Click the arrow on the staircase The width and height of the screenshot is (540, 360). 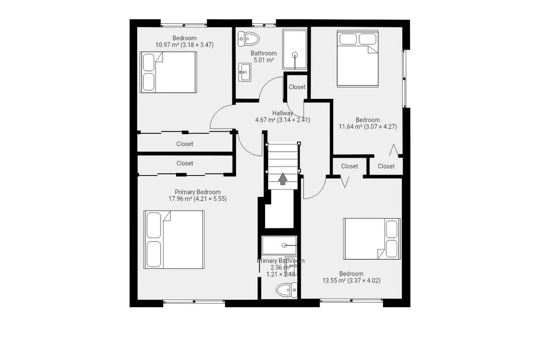tap(283, 179)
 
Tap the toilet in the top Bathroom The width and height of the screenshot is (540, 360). tap(248, 39)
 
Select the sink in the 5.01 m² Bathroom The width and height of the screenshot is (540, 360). tap(245, 72)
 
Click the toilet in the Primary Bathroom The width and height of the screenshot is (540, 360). tap(287, 290)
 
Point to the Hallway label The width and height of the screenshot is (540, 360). tap(282, 113)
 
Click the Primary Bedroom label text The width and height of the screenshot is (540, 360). tap(197, 192)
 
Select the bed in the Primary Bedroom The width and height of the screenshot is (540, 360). tap(174, 239)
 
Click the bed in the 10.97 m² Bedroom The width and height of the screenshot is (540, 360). tap(168, 72)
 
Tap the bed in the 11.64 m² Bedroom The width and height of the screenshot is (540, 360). tap(357, 59)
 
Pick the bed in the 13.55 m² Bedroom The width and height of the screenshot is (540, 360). tap(372, 239)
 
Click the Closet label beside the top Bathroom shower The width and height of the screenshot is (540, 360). tap(297, 87)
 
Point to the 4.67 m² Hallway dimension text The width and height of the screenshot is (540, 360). tap(282, 120)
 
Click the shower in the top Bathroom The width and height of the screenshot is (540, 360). tap(295, 50)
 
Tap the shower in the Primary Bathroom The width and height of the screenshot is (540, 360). tap(279, 245)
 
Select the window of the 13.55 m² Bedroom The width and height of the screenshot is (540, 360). tap(351, 300)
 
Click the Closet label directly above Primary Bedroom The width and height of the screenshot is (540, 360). tap(185, 163)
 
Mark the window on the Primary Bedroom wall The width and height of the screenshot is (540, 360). tap(194, 301)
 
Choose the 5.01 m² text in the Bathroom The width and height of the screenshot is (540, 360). tap(264, 60)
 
